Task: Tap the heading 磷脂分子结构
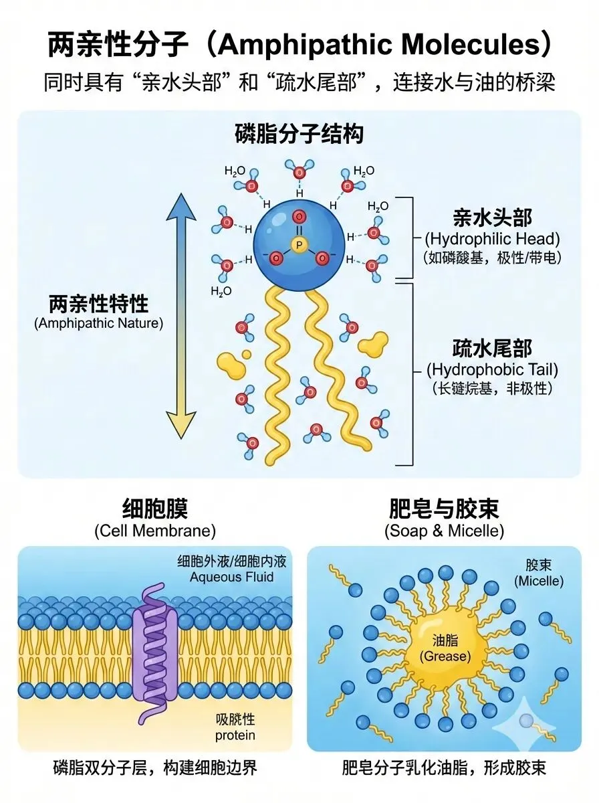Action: tap(299, 135)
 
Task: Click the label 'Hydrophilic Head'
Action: tap(493, 238)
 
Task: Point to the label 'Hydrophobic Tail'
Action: tap(492, 369)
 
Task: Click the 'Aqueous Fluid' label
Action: tap(232, 577)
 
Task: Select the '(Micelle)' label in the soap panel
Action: tap(539, 581)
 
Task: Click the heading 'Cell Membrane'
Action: tap(154, 531)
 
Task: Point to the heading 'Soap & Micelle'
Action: tap(444, 531)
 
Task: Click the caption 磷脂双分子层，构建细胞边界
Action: tap(154, 767)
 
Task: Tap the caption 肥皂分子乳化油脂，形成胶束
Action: tap(444, 767)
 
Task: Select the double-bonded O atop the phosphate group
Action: tap(299, 217)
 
